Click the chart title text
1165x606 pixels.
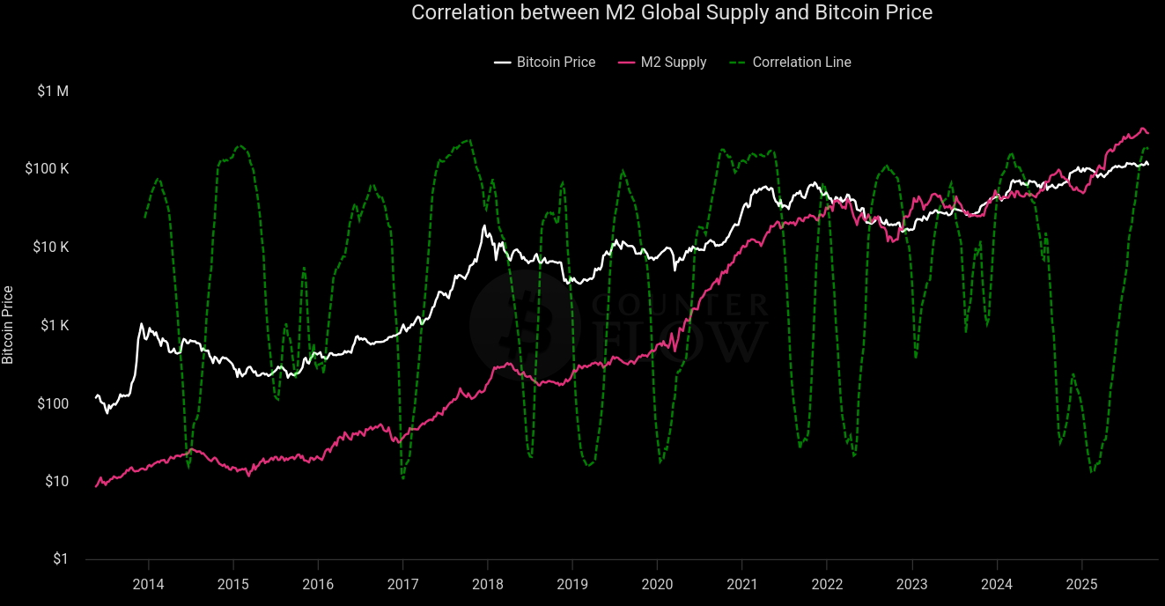[x=672, y=12]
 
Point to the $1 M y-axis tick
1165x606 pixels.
[x=52, y=91]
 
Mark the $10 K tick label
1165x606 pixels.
[x=52, y=248]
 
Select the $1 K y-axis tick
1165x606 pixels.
[x=55, y=326]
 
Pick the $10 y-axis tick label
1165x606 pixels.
[x=55, y=482]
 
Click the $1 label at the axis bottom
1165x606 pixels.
[x=59, y=559]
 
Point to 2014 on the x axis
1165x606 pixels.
[x=148, y=584]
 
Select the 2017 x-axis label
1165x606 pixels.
[x=402, y=584]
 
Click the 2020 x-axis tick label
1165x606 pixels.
[x=657, y=584]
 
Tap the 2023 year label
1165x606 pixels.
[x=911, y=584]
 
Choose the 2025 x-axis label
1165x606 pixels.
[x=1081, y=584]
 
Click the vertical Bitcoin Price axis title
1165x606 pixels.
[x=8, y=325]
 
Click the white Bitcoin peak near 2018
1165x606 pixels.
[x=484, y=226]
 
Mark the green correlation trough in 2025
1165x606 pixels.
[x=1092, y=472]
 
